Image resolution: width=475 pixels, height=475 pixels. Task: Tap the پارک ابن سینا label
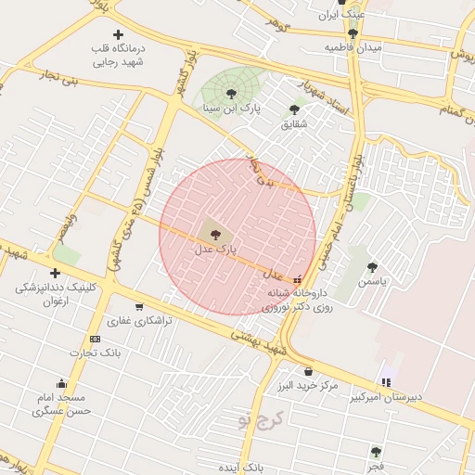point(231,109)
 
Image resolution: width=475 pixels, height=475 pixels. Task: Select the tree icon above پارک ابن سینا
point(231,93)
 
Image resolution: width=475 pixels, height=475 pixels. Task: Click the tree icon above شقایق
point(294,109)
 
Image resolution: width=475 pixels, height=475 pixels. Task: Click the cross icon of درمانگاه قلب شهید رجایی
point(118,34)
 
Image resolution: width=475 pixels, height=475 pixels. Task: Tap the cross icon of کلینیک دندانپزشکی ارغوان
point(56,273)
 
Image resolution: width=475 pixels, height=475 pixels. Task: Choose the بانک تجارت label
point(96,353)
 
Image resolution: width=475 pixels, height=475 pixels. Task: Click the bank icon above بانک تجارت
point(95,339)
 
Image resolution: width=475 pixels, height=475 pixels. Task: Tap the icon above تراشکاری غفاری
point(139,306)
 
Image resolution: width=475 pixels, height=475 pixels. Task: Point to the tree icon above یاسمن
point(372,266)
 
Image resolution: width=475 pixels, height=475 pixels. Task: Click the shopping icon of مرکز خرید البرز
point(308,372)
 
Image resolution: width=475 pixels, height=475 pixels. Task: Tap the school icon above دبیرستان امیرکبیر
point(386,381)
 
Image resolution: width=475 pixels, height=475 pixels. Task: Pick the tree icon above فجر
point(375,452)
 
